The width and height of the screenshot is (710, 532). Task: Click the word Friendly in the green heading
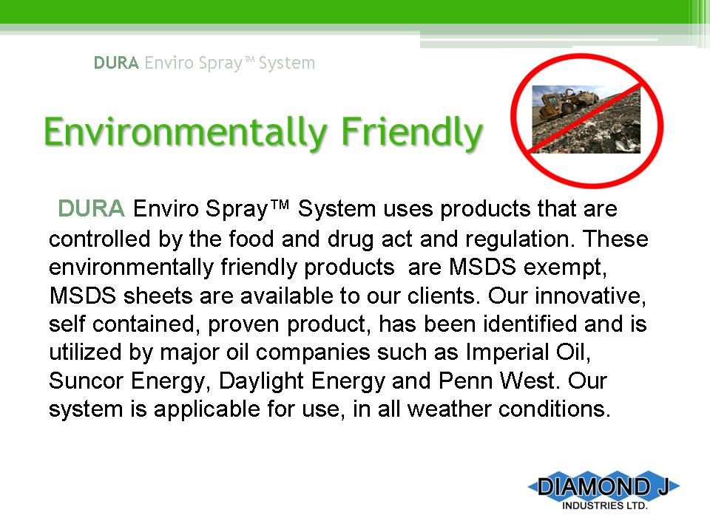pyautogui.click(x=412, y=132)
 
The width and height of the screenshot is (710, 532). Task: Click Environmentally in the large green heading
pyautogui.click(x=186, y=132)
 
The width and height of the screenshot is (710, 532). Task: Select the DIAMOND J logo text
pyautogui.click(x=603, y=487)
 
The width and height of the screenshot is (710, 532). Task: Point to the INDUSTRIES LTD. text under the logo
pyautogui.click(x=604, y=505)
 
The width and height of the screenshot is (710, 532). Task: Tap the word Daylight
pyautogui.click(x=261, y=381)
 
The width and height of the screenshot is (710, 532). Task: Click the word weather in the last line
pyautogui.click(x=449, y=409)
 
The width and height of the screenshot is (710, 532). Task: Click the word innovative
pyautogui.click(x=590, y=296)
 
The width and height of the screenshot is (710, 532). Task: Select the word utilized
pyautogui.click(x=85, y=352)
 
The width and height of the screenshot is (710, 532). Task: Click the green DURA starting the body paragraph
pyautogui.click(x=91, y=208)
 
